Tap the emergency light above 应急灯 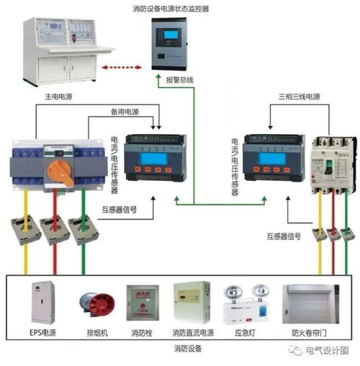coord(240,305)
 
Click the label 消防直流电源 coord(192,334)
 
